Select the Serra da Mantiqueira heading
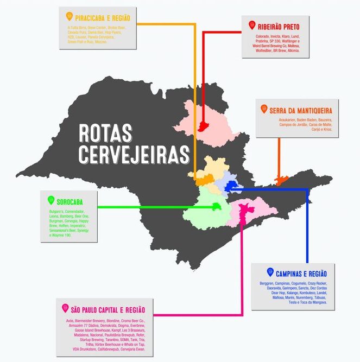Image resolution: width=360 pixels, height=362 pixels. [x=301, y=110]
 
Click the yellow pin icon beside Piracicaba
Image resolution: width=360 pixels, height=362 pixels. [x=69, y=16]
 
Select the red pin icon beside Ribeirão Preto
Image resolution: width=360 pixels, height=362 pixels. [x=251, y=25]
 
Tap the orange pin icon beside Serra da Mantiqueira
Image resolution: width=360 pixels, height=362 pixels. [x=264, y=109]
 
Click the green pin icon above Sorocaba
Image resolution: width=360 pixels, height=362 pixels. [x=51, y=199]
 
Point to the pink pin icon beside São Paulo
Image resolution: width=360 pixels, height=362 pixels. [x=65, y=308]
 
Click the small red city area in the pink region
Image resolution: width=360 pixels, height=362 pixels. [x=204, y=126]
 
